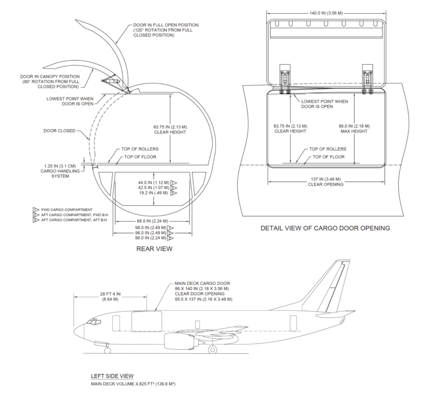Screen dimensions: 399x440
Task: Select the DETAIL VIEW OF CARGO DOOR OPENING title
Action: [x=325, y=228]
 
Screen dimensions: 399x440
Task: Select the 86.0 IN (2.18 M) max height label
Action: [x=355, y=128]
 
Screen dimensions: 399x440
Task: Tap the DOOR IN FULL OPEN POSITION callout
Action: [x=166, y=30]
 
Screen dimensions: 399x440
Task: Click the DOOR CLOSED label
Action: [x=58, y=130]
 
